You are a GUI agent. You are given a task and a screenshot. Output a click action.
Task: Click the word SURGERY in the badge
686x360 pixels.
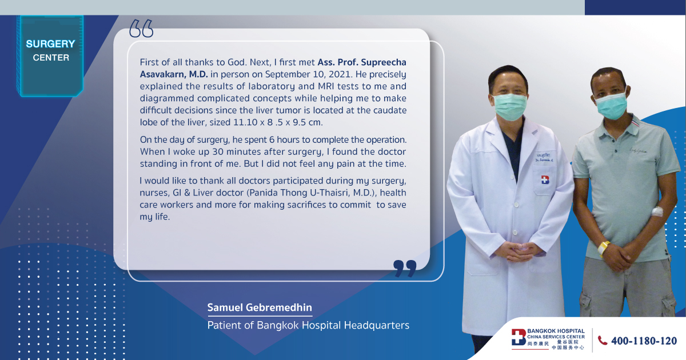[x=50, y=44]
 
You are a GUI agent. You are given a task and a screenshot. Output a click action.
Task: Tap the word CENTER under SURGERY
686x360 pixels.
[x=51, y=58]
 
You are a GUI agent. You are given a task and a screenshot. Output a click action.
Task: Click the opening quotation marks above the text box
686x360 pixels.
[x=141, y=29]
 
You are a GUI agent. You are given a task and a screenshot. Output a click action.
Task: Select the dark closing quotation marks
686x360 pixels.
[x=405, y=269]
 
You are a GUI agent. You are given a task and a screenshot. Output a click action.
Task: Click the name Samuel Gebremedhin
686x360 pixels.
[x=260, y=307]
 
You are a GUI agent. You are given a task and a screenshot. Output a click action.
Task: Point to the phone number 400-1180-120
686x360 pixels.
[x=644, y=341]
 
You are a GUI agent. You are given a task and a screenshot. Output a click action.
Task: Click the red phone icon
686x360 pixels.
[x=603, y=341]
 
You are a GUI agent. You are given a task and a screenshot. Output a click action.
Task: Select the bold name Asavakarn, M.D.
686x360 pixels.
[x=174, y=74]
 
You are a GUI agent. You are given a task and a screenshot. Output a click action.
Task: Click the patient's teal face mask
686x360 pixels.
[x=611, y=105]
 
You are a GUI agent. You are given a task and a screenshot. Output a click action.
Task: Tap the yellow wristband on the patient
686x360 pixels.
[x=604, y=247]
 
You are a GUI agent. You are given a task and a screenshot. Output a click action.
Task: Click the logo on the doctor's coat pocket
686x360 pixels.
[x=545, y=179]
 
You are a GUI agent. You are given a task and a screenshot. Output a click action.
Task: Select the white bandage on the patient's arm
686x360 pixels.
[x=657, y=211]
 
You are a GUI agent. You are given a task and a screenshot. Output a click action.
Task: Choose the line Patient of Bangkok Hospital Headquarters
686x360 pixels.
[x=308, y=325]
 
